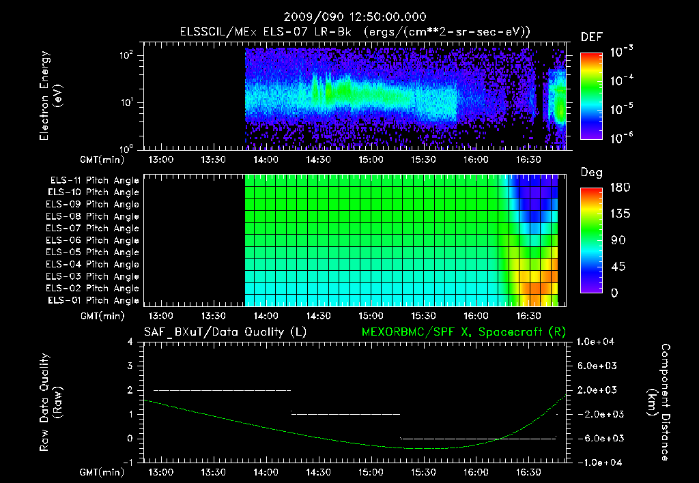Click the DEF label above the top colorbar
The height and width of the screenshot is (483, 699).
[591, 37]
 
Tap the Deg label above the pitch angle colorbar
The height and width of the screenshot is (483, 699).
[591, 173]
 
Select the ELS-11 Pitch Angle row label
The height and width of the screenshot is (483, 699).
[94, 181]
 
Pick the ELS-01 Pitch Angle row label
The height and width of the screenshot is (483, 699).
[94, 300]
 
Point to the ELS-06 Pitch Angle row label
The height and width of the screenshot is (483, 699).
[94, 240]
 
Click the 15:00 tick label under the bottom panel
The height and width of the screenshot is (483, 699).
[371, 472]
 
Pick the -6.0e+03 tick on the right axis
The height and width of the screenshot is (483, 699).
[598, 439]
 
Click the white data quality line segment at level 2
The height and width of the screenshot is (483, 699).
[223, 390]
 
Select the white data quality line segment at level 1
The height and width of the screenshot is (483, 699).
[345, 414]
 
